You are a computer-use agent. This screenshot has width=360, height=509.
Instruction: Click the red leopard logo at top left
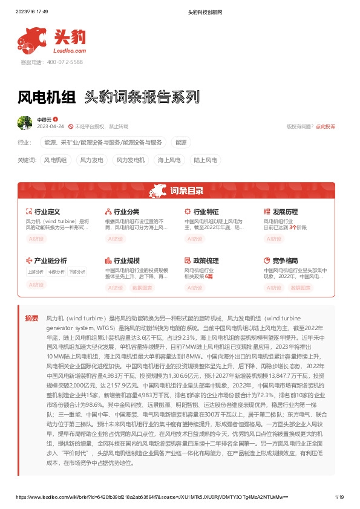click(31, 38)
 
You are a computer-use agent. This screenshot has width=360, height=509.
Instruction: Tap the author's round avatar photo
click(25, 123)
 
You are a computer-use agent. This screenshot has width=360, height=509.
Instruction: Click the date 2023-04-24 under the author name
click(51, 126)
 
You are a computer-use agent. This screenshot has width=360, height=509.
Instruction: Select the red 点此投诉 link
click(326, 126)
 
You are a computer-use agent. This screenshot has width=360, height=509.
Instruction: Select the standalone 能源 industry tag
click(181, 143)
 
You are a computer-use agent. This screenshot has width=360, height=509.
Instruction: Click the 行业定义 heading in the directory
click(47, 212)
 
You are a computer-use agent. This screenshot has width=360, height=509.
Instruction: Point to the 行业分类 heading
click(126, 212)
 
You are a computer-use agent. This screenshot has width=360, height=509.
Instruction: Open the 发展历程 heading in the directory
click(285, 212)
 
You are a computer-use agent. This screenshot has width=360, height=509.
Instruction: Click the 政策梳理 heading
click(206, 261)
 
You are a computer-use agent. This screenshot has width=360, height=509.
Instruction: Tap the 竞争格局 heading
click(285, 261)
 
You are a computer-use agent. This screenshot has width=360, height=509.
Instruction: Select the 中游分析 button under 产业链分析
click(56, 272)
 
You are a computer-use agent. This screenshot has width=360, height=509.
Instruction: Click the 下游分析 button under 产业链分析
click(76, 272)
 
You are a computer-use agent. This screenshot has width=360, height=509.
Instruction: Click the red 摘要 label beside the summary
click(31, 318)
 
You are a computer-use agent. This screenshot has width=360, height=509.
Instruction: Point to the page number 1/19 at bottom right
click(339, 497)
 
